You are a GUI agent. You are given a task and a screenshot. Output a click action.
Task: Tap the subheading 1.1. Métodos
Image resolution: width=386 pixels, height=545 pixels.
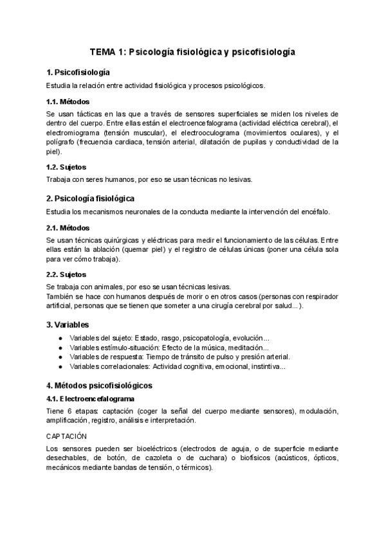click(x=68, y=102)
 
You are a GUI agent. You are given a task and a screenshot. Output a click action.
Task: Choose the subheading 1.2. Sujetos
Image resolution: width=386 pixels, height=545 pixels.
click(x=67, y=167)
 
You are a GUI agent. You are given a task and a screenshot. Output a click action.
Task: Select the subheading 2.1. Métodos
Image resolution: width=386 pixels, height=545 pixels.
click(x=68, y=228)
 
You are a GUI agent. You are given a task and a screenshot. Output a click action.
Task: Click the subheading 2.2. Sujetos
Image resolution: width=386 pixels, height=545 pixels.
click(x=67, y=274)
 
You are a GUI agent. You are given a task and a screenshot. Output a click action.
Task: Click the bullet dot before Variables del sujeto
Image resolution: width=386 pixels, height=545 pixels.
click(x=60, y=339)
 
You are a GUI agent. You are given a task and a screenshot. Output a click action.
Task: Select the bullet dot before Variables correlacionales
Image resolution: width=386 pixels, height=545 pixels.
click(x=60, y=367)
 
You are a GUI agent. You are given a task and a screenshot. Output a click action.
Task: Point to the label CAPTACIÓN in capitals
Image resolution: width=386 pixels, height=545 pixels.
click(x=68, y=435)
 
